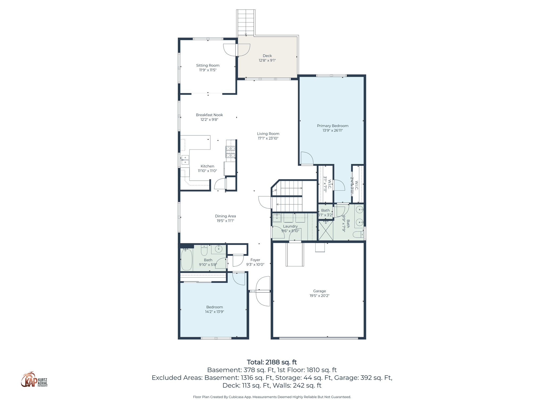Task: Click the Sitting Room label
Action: click(208, 65)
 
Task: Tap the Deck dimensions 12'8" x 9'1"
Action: click(267, 60)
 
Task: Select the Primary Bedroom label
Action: click(333, 126)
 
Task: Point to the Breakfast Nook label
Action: click(209, 115)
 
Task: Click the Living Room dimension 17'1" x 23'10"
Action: click(268, 138)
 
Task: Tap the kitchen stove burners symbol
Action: click(231, 152)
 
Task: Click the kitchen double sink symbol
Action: click(185, 160)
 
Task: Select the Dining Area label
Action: click(225, 216)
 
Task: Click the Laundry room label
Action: click(290, 226)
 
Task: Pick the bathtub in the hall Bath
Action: click(186, 259)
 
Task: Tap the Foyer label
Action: click(255, 260)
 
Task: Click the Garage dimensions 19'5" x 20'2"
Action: click(319, 295)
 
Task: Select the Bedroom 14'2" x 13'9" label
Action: click(214, 307)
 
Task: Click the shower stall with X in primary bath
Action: click(325, 230)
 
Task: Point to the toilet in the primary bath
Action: click(358, 235)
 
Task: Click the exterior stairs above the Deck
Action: click(246, 22)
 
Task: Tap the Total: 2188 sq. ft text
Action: click(272, 362)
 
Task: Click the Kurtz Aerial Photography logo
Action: click(34, 380)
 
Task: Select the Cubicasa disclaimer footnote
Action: click(272, 397)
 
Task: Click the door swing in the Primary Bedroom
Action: click(307, 158)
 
